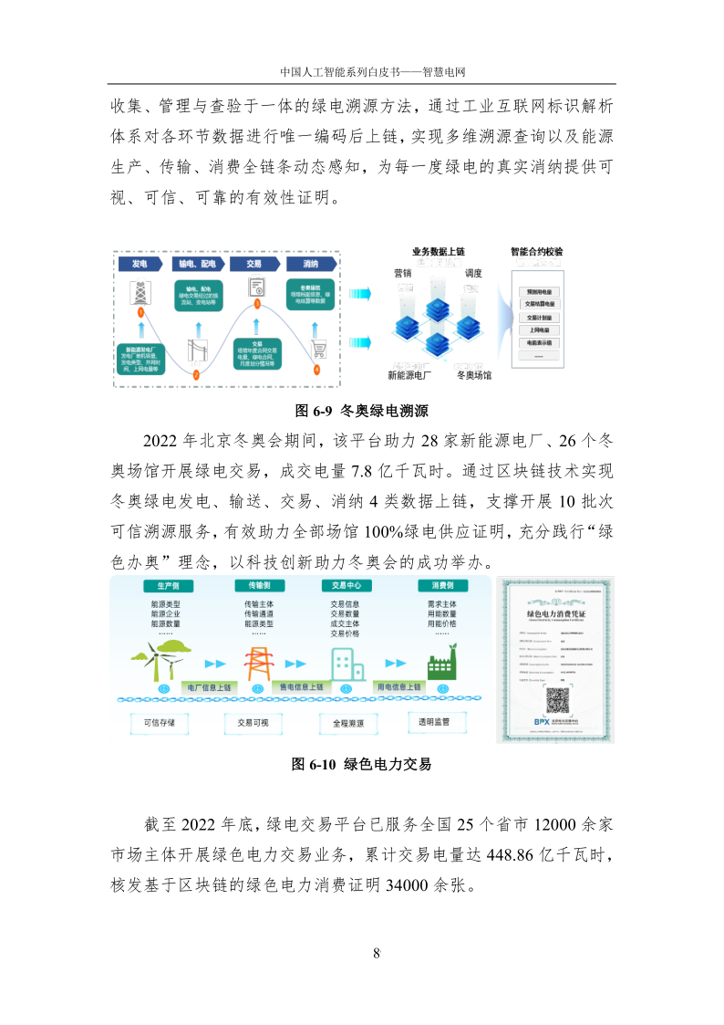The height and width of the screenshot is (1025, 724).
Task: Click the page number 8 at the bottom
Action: (376, 954)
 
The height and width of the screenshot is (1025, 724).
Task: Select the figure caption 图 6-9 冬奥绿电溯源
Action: (361, 410)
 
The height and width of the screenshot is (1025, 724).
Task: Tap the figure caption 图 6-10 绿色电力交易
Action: (361, 764)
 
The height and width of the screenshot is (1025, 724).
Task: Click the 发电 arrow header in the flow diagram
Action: (140, 264)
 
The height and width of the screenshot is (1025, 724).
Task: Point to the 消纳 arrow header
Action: (309, 264)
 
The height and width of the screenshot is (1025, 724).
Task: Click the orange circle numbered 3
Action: (257, 303)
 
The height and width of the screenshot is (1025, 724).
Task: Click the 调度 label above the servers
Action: (473, 273)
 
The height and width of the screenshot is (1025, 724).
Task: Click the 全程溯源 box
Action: (343, 722)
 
